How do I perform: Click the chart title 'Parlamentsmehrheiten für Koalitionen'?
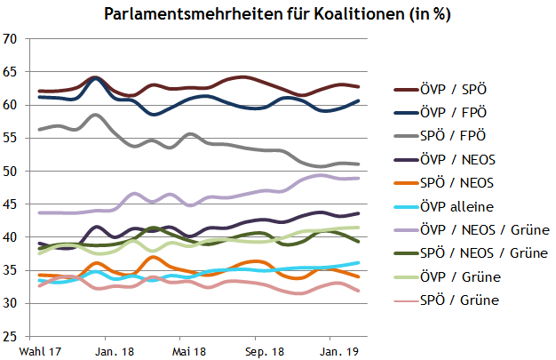275,15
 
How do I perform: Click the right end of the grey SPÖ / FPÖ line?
358,164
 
